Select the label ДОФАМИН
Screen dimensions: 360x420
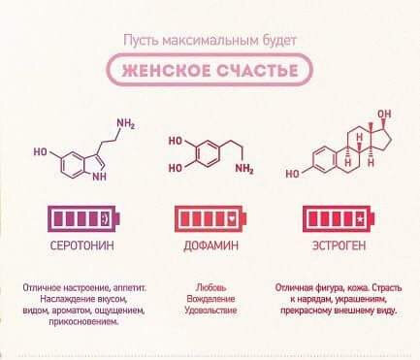(210, 245)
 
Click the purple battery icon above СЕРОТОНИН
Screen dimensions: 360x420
(75, 216)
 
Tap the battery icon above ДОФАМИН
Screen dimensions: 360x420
(210, 216)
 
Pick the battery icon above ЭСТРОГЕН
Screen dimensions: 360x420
(336, 216)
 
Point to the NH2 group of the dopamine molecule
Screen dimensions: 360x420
(243, 172)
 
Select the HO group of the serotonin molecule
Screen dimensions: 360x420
(41, 152)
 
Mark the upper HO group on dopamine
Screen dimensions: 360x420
(175, 141)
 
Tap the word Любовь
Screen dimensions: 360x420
(210, 287)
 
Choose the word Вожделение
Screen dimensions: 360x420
(210, 299)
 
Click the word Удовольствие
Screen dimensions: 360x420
(210, 311)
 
